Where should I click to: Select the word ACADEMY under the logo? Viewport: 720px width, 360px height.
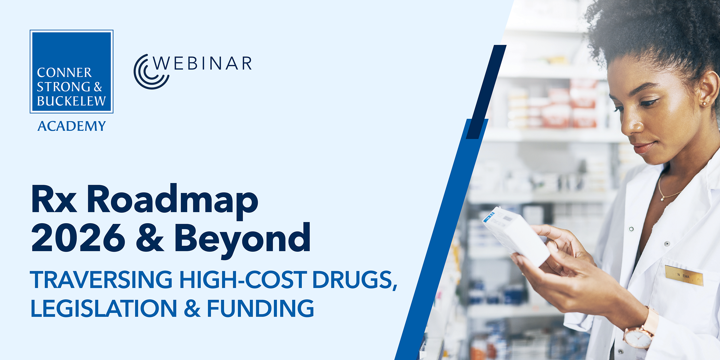tap(72, 126)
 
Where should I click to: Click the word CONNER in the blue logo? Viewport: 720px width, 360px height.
tap(64, 73)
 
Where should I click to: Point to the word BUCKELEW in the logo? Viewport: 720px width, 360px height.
tap(71, 101)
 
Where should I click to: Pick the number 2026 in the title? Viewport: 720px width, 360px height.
tap(78, 238)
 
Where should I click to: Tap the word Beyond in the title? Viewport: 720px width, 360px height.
tap(242, 240)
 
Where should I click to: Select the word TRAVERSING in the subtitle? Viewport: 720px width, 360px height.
tap(101, 280)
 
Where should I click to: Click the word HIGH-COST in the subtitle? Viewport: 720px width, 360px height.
tap(243, 280)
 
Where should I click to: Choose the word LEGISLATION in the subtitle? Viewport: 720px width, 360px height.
tap(104, 308)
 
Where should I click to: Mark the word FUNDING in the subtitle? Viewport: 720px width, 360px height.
tap(260, 308)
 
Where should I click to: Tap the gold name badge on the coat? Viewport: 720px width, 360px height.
tap(684, 275)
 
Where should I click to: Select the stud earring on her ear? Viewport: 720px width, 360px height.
tap(704, 104)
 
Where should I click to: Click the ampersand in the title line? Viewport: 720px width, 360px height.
tap(150, 238)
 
